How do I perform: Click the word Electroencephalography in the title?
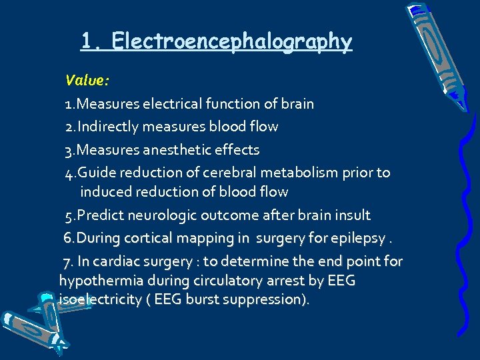pyautogui.click(x=231, y=41)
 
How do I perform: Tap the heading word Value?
pyautogui.click(x=87, y=81)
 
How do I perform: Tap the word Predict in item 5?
pyautogui.click(x=101, y=215)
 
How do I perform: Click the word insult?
pyautogui.click(x=353, y=215)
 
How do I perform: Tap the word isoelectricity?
pyautogui.click(x=100, y=300)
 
